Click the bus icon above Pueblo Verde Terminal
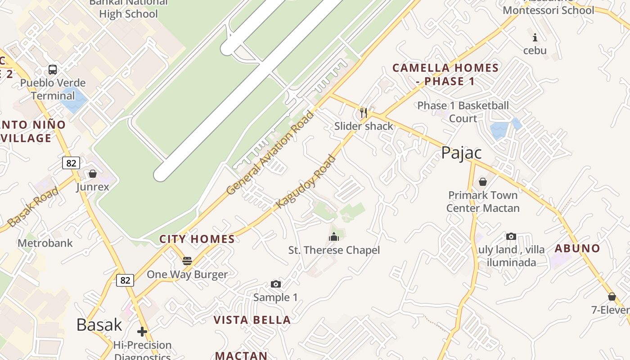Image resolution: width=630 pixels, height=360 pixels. point(53,70)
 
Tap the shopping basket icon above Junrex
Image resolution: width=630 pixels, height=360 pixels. point(93,174)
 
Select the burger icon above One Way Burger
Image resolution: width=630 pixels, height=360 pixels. point(187,261)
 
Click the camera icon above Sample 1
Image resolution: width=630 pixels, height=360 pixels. point(276,284)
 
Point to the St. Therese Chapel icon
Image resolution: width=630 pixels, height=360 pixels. point(334,237)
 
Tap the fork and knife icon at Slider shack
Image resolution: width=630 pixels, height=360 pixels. point(364,112)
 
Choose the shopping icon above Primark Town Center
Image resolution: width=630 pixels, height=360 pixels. point(483,182)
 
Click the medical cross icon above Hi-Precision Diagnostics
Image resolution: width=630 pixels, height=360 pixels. point(142,332)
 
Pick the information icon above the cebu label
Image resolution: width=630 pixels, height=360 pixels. point(535,37)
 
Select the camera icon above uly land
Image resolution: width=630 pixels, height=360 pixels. point(511,236)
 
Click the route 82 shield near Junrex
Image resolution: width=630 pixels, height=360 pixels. point(71,163)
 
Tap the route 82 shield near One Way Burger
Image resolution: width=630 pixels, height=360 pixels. point(125,280)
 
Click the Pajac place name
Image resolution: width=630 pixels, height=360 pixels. point(461,153)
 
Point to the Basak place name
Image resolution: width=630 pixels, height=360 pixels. point(99,324)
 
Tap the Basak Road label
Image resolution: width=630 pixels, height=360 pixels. point(33,207)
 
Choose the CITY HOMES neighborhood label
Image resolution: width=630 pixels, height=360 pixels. point(197,239)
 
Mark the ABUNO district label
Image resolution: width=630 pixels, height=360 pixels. point(577,248)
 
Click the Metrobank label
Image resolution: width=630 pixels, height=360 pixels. point(45,243)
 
